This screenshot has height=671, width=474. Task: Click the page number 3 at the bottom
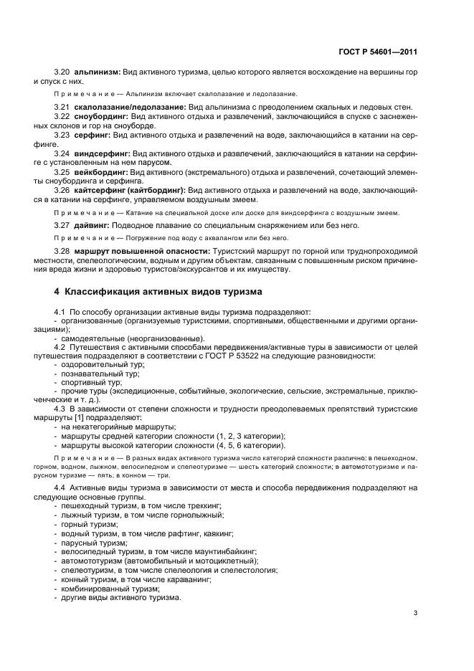coord(415,612)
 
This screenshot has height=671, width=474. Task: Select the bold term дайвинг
coord(92,224)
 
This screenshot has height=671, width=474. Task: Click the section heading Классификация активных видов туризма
coord(153,292)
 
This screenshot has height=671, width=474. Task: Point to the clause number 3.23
coord(62,134)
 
